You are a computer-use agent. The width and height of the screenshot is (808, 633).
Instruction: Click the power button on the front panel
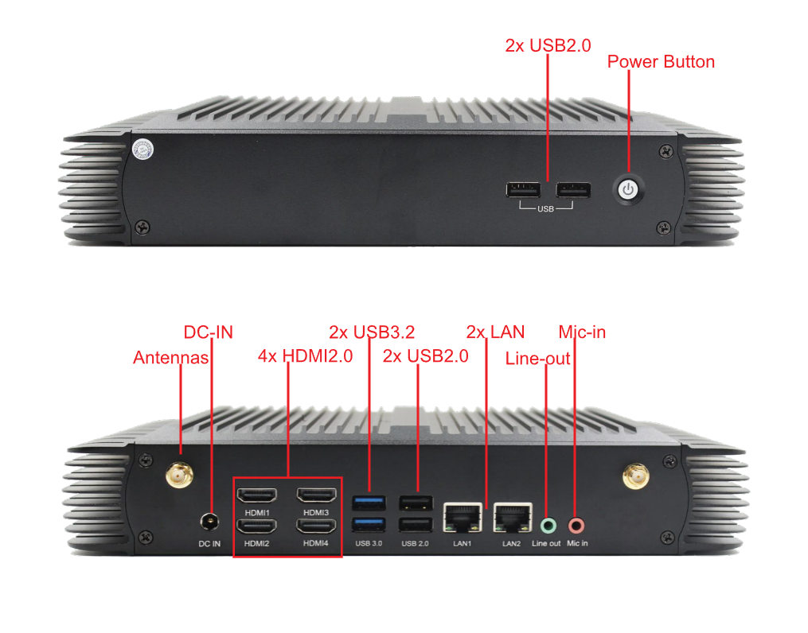pos(628,190)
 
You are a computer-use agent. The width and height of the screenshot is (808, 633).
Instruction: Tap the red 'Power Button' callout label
pos(661,62)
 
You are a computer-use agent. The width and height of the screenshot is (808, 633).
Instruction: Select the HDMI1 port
pos(256,495)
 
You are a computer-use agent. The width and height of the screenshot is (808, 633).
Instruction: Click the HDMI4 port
pos(316,526)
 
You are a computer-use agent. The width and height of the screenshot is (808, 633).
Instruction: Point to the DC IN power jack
pos(209,522)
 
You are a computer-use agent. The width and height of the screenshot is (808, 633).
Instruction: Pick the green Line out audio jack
pos(548,526)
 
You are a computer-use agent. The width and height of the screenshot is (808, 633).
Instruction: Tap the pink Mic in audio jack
pos(576,526)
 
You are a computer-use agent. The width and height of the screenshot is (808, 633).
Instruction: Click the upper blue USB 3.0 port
pos(369,502)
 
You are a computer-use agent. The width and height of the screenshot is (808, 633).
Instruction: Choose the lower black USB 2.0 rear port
pos(416,525)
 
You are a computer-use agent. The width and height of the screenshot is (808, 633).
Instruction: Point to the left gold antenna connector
pos(179,475)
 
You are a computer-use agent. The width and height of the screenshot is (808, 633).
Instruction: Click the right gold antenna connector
pos(635,476)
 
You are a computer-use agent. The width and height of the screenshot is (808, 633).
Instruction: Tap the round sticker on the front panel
pos(142,150)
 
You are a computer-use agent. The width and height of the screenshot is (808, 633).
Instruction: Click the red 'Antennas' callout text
pos(170,357)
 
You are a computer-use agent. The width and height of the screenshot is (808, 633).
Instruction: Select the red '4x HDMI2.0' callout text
pos(305,355)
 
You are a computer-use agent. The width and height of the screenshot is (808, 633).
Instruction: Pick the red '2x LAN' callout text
pos(495,332)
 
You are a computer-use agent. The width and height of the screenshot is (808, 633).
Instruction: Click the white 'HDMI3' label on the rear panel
pos(316,513)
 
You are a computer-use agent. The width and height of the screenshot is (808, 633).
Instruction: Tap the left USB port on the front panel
pos(524,190)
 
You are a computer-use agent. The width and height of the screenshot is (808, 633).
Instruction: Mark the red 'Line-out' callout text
pos(537,358)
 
